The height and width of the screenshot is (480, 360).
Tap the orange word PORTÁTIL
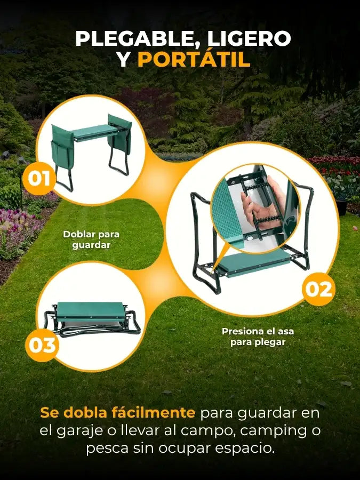[x=194, y=59]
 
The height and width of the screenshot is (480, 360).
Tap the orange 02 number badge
[x=319, y=289]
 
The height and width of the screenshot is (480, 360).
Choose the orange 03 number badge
[x=42, y=345]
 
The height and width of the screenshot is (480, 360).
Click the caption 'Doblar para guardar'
[x=91, y=239]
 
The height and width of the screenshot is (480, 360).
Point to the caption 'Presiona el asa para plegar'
[x=258, y=337]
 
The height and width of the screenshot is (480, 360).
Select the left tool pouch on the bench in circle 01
[x=62, y=146]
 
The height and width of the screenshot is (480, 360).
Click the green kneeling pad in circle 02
[x=253, y=262]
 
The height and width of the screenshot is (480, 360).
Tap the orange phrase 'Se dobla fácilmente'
[x=117, y=413]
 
